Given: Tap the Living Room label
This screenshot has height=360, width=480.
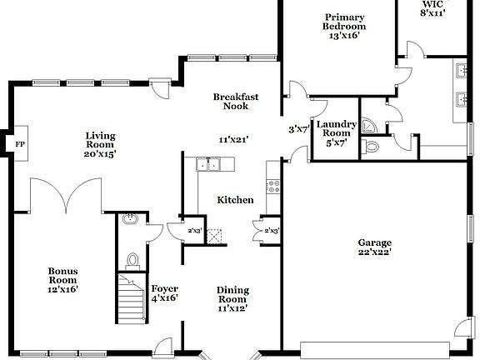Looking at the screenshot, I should click(x=100, y=144).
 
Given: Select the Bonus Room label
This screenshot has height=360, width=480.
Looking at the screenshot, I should click(x=62, y=279).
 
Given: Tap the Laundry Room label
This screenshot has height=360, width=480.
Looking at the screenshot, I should click(x=337, y=130).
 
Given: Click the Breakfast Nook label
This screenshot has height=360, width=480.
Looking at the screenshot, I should click(x=235, y=102).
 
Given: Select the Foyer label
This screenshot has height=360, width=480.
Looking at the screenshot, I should click(x=164, y=294).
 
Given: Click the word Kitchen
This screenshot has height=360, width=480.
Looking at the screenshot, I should click(x=235, y=200).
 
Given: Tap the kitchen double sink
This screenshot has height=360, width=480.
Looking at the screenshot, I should click(x=207, y=165).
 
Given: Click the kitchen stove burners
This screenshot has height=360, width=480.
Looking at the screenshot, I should click(x=272, y=185).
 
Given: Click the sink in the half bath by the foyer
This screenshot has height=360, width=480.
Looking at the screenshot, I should click(x=130, y=220).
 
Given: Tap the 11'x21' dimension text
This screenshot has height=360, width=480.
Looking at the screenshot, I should click(x=235, y=140).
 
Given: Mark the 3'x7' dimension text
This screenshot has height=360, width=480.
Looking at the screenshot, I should click(x=297, y=130).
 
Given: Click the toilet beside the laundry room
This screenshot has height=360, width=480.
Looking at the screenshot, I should click(x=372, y=147).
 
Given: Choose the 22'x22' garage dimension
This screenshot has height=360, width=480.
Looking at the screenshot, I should click(x=374, y=251).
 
